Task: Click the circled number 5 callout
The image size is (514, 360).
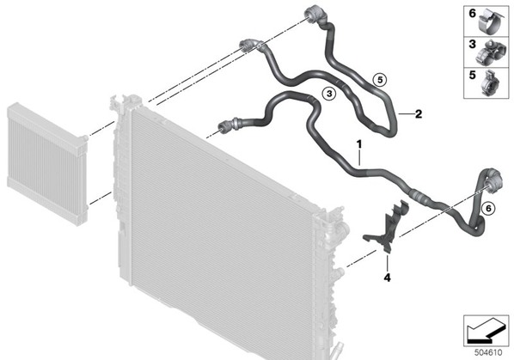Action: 380,80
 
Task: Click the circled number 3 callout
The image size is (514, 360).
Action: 329,94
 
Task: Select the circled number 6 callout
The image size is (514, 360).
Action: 488,208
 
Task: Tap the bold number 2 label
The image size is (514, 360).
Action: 419,114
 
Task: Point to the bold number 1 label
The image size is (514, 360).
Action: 359,144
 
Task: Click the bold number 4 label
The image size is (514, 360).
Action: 387,278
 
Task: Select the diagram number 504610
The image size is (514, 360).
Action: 488,352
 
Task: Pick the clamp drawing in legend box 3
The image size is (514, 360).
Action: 487,52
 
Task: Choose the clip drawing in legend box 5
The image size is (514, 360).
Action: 490,83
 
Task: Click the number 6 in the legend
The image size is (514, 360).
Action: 472,14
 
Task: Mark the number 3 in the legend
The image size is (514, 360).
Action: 472,44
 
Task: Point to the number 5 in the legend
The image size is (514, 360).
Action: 472,75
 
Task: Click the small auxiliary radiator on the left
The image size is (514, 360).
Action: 47,164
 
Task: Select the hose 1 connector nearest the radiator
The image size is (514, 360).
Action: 227,125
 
